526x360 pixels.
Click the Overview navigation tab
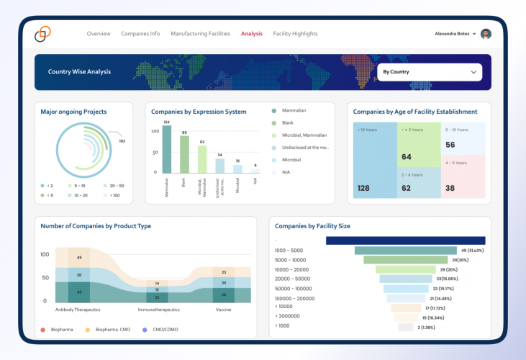(x=99, y=34)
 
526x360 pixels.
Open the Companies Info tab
(x=140, y=34)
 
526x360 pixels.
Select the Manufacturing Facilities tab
(x=200, y=34)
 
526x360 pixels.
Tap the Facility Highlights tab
(x=295, y=34)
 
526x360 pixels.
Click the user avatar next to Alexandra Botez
(x=486, y=34)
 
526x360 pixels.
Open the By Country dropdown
(x=430, y=72)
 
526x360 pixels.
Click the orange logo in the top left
(x=43, y=34)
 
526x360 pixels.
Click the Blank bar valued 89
(x=184, y=154)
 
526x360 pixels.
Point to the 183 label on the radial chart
(x=122, y=141)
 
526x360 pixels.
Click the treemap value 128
(x=363, y=189)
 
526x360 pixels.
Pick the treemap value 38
(x=450, y=189)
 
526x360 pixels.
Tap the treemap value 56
(x=450, y=145)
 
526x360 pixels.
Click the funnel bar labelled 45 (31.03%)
(x=405, y=241)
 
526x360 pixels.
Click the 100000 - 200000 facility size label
(x=294, y=298)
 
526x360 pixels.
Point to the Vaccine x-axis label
(x=223, y=309)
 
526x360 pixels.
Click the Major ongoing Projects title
(x=73, y=112)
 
